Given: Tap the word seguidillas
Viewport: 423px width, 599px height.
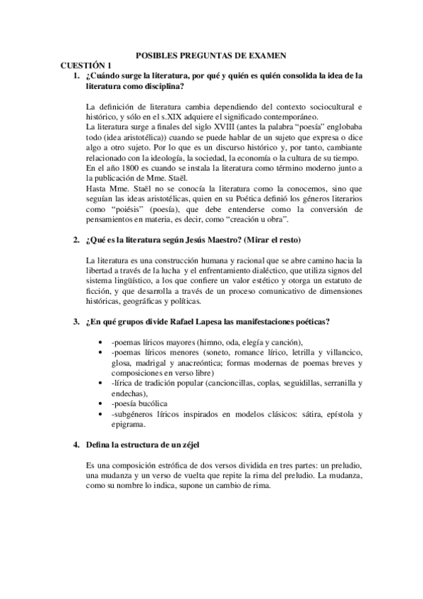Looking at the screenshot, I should [x=287, y=384].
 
